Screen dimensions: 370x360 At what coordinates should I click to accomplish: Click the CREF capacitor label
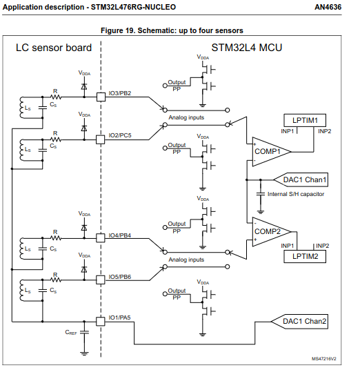coord(71,332)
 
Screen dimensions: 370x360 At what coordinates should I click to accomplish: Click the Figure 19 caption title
coord(181,30)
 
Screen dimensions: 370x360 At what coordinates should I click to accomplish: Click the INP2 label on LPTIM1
coord(325,130)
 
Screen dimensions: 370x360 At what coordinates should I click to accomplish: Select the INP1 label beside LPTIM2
coord(288,246)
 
